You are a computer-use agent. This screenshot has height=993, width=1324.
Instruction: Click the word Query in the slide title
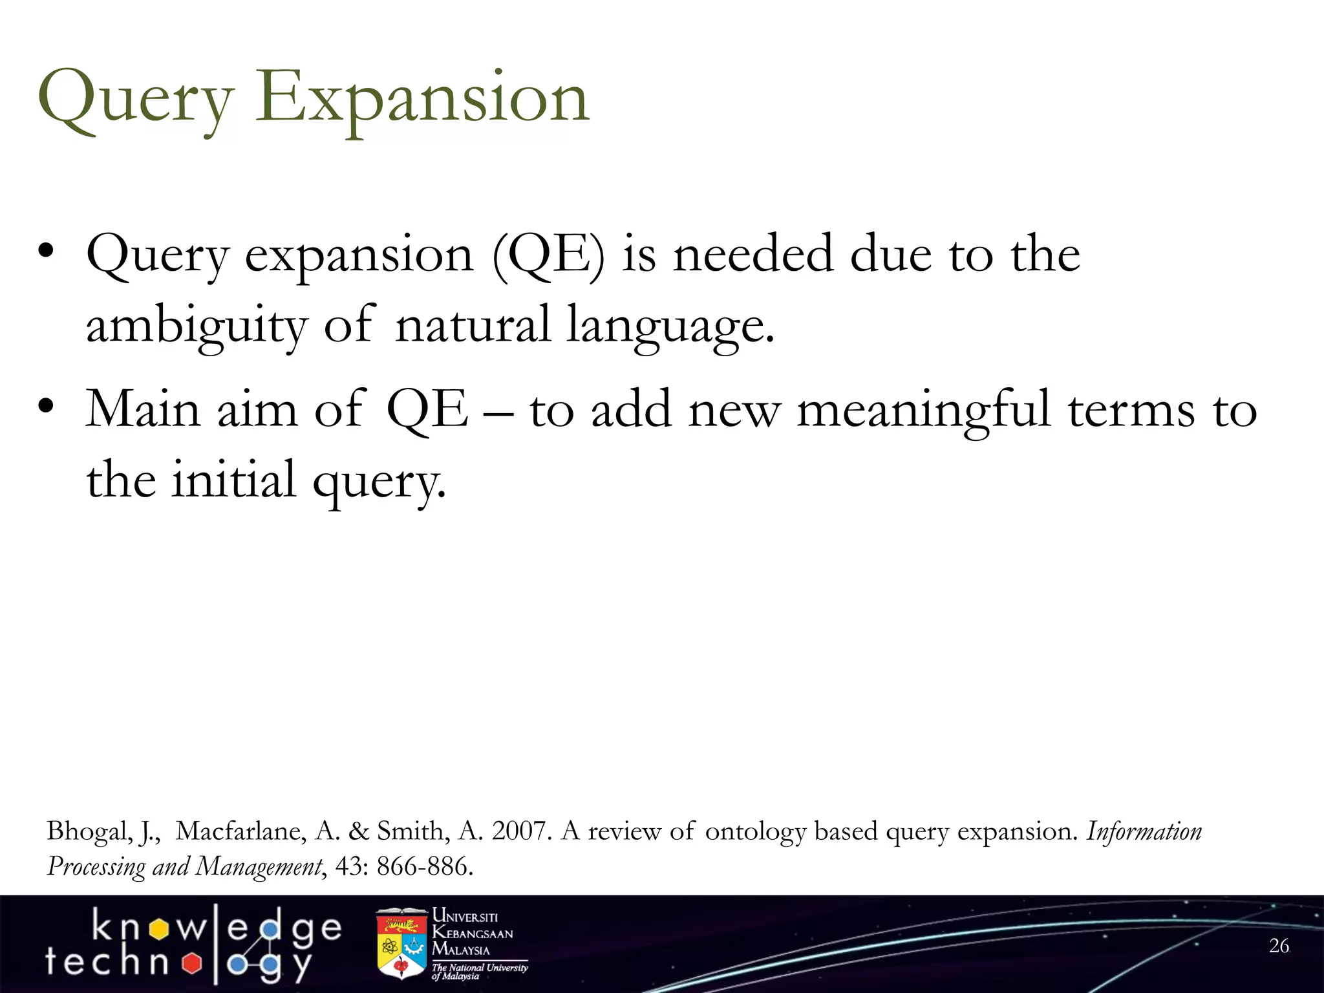coord(136,100)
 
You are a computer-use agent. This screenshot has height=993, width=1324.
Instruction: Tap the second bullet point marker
coord(45,407)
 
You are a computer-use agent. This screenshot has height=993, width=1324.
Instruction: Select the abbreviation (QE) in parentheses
coord(548,255)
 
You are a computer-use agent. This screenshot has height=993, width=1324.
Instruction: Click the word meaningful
coord(923,411)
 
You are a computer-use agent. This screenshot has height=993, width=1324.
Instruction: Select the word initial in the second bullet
coord(233,480)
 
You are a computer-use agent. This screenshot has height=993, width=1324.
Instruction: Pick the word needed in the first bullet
coord(753,255)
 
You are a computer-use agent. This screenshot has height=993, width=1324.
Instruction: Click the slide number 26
coord(1279,946)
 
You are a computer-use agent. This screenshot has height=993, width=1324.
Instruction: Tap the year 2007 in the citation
coord(521,831)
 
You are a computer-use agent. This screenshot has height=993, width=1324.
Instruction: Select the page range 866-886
coord(424,866)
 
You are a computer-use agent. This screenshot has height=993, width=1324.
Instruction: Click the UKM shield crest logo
coord(401,944)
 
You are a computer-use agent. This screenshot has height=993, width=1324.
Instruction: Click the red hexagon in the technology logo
coord(191,964)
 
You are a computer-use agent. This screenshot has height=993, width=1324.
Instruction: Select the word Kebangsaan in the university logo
coord(473,934)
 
